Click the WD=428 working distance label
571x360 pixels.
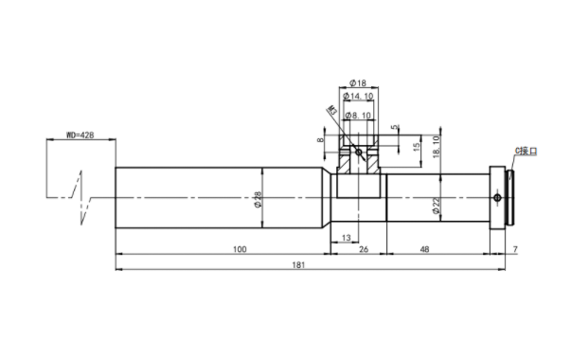(x=80, y=135)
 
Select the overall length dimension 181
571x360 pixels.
(x=298, y=265)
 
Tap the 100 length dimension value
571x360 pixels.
(x=240, y=249)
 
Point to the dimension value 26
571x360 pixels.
(x=364, y=249)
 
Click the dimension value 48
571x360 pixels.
(x=424, y=249)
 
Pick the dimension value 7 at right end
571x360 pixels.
(x=515, y=249)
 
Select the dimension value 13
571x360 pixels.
(x=347, y=238)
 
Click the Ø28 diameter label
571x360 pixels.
(x=258, y=200)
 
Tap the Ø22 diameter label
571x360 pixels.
(x=437, y=206)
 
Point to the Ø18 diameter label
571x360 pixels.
(x=358, y=83)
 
